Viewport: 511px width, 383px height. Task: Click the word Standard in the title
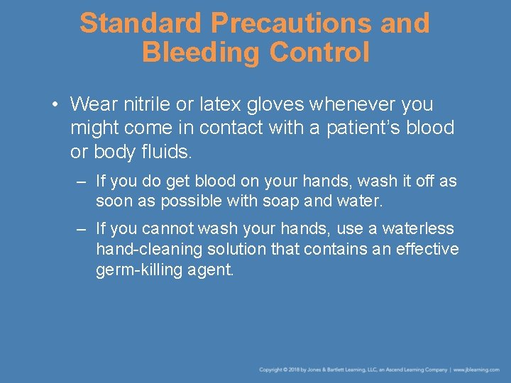(x=141, y=23)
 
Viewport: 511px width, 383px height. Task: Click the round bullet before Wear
(x=55, y=105)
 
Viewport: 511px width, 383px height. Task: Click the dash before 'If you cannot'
(x=82, y=229)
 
